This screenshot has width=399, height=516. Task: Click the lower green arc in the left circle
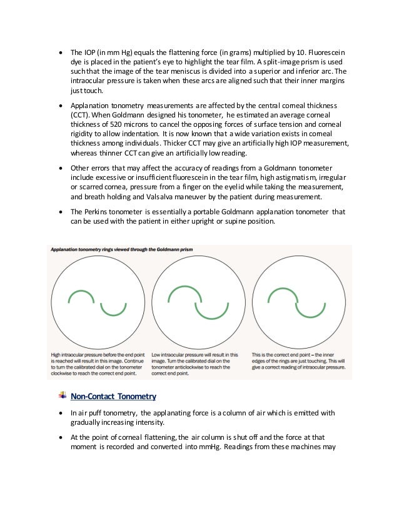click(x=113, y=307)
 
